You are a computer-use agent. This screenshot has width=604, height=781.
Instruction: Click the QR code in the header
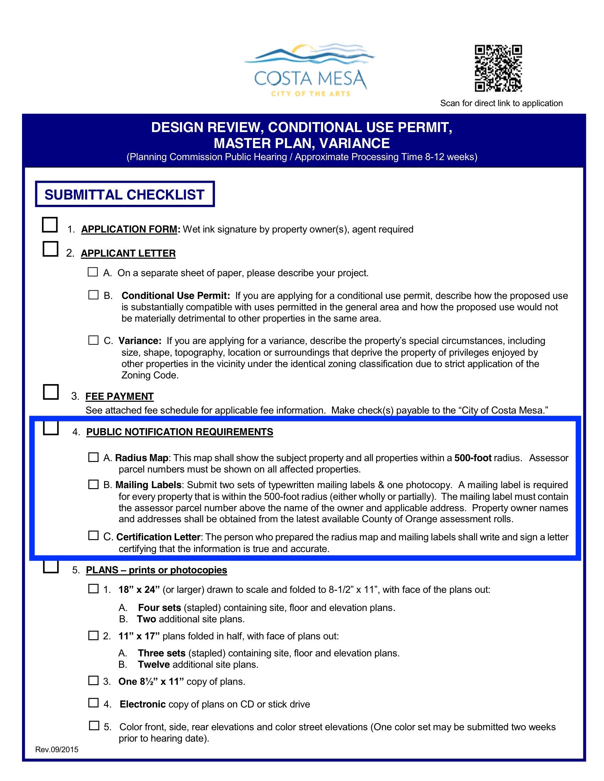click(x=498, y=68)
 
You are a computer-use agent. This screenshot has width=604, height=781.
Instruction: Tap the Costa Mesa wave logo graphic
click(x=309, y=56)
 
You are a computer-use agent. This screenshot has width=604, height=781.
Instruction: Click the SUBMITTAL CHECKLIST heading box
click(x=124, y=195)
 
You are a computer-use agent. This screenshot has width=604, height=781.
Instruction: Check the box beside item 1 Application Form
click(x=50, y=225)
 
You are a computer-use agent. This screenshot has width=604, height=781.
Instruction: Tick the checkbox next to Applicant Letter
click(x=50, y=249)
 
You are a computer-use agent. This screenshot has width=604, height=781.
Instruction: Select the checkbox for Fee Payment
click(x=50, y=392)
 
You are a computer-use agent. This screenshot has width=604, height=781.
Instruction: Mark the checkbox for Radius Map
click(x=93, y=457)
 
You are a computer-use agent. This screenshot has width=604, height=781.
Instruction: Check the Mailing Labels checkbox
click(x=93, y=484)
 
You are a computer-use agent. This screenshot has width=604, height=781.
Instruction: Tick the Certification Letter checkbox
click(x=93, y=535)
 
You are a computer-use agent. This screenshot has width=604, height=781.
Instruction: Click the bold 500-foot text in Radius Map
click(x=473, y=458)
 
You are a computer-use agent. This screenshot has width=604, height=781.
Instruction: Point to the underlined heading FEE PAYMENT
click(x=119, y=396)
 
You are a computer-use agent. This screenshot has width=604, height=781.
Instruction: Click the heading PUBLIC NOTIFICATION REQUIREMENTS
click(x=180, y=432)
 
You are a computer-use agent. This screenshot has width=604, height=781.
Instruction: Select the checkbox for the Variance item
click(x=93, y=340)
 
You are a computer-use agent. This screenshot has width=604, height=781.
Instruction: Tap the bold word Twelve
click(x=154, y=665)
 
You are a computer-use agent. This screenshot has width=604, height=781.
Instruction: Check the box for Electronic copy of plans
click(x=93, y=703)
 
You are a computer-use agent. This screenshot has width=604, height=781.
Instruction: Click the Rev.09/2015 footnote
click(x=56, y=749)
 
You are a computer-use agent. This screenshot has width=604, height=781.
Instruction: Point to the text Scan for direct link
click(x=501, y=103)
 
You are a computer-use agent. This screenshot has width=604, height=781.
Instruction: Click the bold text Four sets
click(x=160, y=607)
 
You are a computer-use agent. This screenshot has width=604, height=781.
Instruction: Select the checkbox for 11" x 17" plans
click(x=93, y=635)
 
